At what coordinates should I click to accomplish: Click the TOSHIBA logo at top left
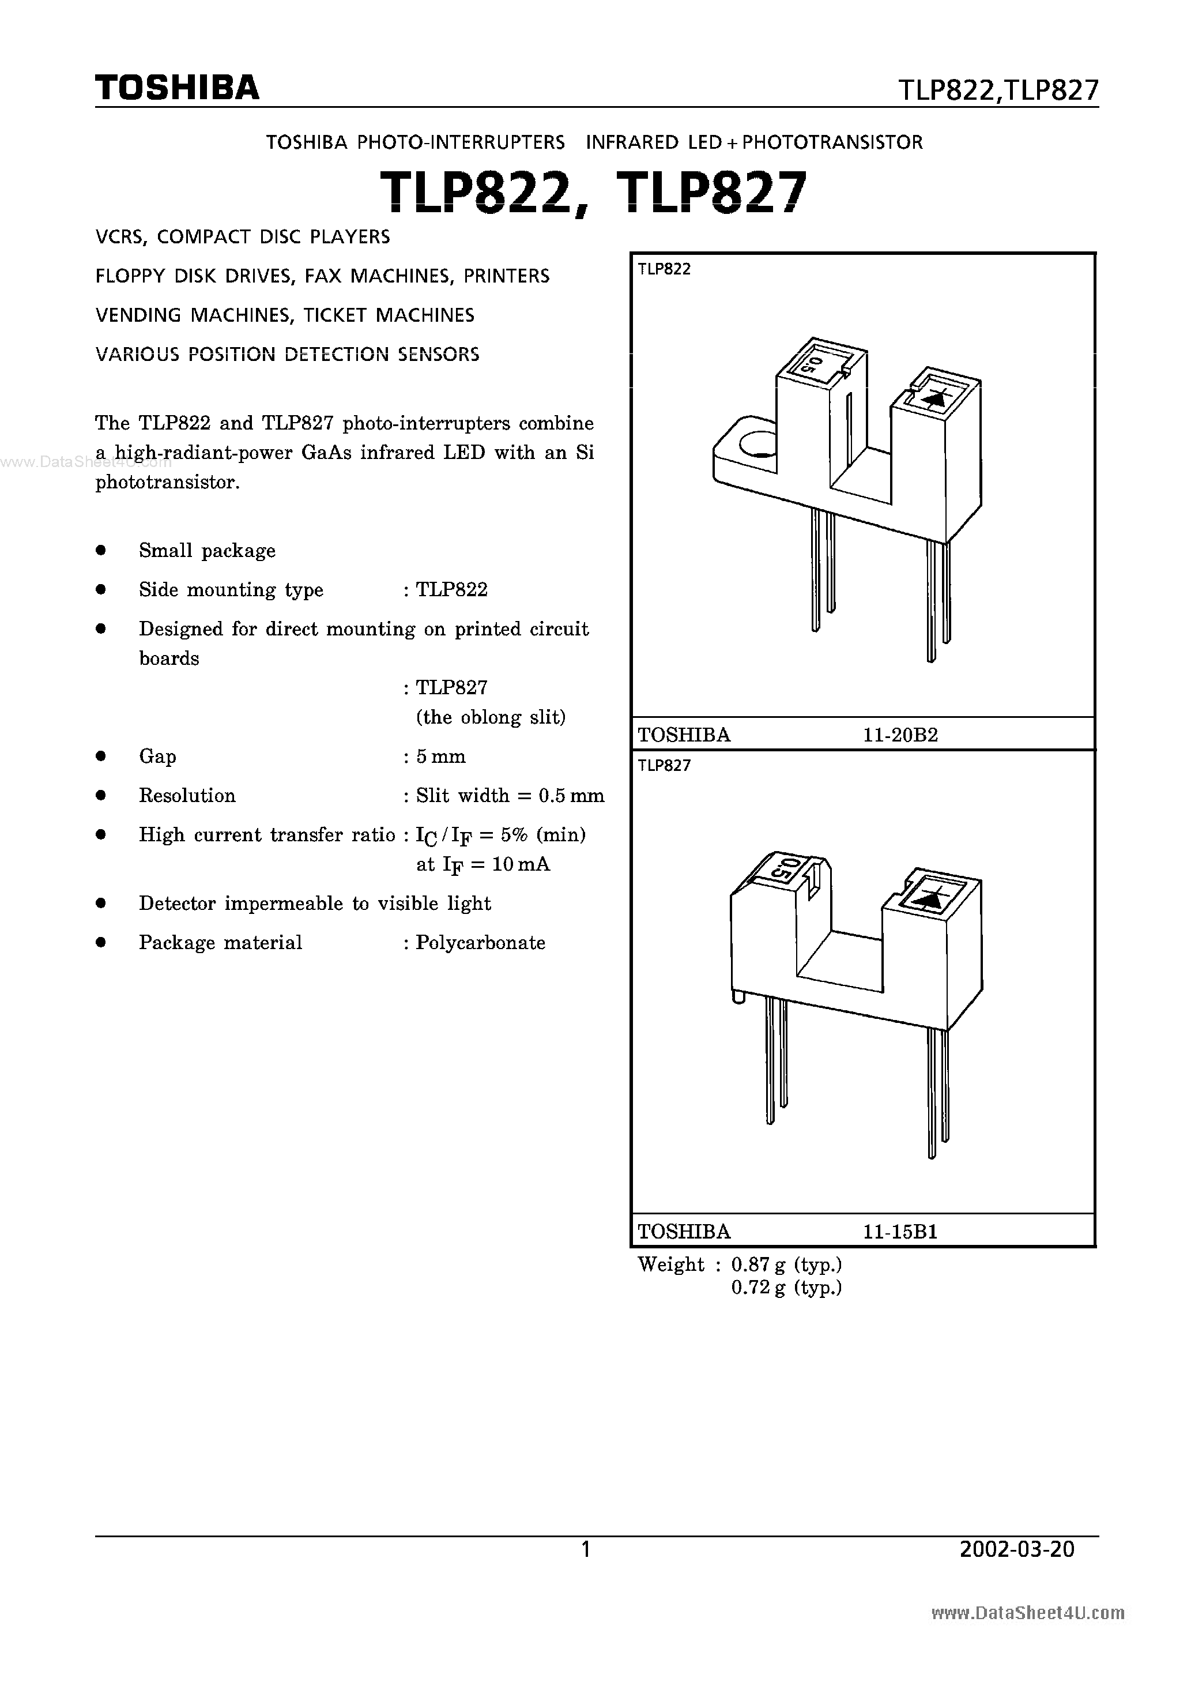[177, 88]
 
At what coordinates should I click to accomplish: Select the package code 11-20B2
[900, 735]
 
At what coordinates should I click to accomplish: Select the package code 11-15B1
[900, 1232]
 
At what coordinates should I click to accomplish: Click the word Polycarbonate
[480, 943]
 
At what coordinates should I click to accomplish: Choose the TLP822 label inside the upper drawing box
[664, 269]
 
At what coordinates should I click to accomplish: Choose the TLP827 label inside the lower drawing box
[664, 766]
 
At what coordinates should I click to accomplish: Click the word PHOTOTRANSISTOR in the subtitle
[832, 142]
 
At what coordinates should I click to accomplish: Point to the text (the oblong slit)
[491, 717]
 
